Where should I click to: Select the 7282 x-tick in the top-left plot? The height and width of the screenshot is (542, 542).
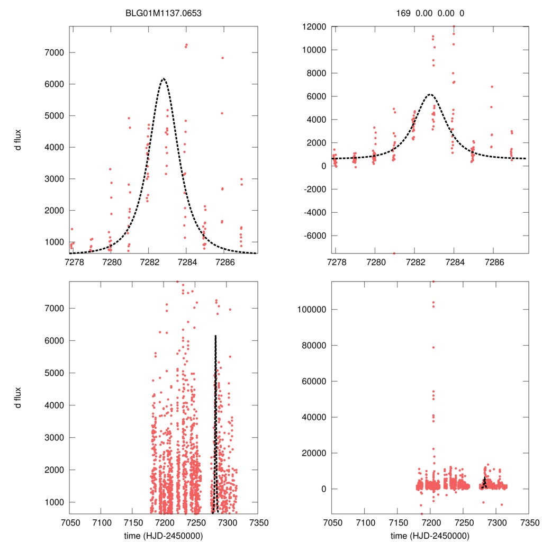point(149,261)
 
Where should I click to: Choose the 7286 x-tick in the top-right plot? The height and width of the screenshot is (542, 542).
point(494,261)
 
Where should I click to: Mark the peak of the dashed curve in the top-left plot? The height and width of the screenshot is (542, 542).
point(163,79)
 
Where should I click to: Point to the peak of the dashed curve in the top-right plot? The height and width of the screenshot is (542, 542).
point(430,94)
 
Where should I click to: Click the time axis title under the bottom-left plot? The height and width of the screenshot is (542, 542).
point(164,535)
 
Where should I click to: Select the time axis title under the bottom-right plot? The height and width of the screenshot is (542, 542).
point(430,535)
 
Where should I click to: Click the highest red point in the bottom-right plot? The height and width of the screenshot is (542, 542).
point(433,282)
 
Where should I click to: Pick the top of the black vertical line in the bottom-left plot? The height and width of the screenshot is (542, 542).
point(215,336)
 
